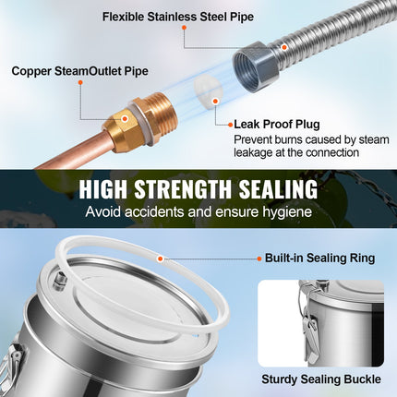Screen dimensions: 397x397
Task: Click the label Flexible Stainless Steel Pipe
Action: (x=178, y=17)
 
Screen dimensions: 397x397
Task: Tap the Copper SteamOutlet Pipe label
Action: (x=79, y=71)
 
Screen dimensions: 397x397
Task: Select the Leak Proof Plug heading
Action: (x=277, y=125)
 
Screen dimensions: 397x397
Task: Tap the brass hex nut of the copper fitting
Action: (x=119, y=127)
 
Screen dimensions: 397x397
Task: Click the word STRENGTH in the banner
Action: (x=183, y=189)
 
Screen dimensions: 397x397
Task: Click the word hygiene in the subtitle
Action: (x=287, y=212)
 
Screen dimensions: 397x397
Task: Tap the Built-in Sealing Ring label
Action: (x=319, y=258)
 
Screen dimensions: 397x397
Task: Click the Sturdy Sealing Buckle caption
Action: (x=321, y=379)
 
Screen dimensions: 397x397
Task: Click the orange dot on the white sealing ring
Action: (x=160, y=259)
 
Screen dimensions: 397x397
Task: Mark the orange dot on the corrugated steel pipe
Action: (x=284, y=47)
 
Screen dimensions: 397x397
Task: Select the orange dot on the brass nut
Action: (x=125, y=118)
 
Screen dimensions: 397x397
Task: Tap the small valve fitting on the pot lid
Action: (x=58, y=280)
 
